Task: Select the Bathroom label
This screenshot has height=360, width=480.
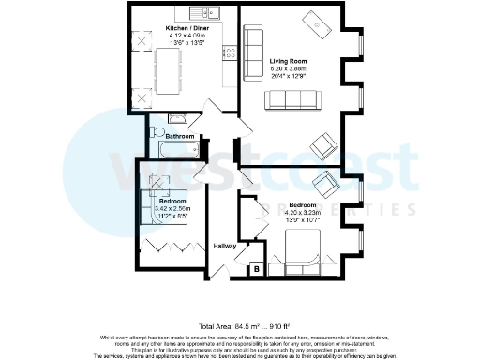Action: pos(181,136)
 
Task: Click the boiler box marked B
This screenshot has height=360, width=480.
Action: pos(257,270)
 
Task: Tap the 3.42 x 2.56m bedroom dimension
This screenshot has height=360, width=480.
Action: pos(172,208)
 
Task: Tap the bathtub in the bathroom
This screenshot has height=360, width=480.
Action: pos(179,150)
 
